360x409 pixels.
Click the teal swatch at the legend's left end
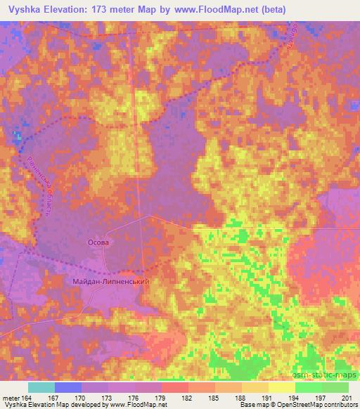pyautogui.click(x=41, y=387)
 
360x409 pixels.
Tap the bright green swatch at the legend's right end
pyautogui.click(x=335, y=387)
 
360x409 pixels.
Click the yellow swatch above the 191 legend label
pyautogui.click(x=255, y=387)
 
